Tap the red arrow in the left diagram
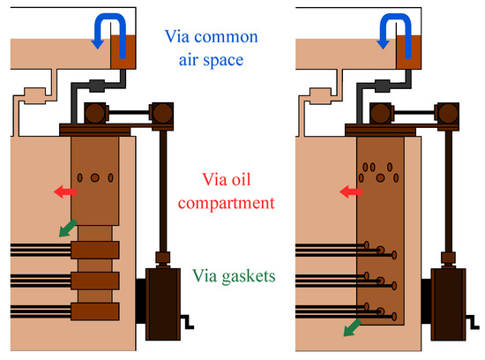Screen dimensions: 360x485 point(63,191)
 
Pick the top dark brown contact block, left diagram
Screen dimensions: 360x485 point(95,251)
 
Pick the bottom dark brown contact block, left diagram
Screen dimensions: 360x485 point(95,311)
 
